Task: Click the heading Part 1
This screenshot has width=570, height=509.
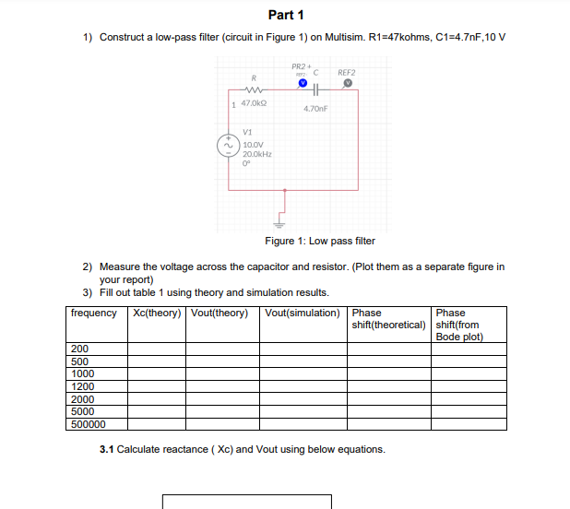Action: [285, 15]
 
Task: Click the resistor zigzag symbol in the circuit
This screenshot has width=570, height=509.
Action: [253, 90]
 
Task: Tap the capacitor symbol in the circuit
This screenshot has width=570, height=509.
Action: [316, 90]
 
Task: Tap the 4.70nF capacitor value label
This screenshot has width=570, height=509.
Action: [315, 108]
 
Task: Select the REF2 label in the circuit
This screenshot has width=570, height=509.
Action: [347, 71]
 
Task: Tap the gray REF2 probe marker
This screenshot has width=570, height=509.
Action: [347, 82]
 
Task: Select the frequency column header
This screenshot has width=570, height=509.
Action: [94, 313]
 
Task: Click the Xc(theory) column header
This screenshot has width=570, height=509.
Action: [158, 313]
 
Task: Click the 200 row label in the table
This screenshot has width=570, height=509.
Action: [79, 349]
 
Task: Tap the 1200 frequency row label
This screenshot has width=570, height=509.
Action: [82, 387]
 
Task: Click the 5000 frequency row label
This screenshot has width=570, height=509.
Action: [82, 412]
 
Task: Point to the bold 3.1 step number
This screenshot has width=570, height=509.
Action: [106, 449]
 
